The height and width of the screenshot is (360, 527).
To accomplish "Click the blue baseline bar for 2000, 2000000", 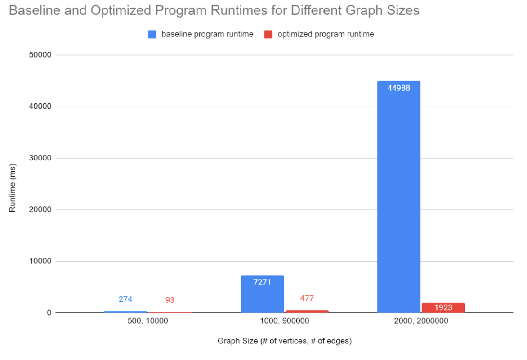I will tap(398, 198).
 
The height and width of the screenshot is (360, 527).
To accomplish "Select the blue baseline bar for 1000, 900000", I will tap(262, 294).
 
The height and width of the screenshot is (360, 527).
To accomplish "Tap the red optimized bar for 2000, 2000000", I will tap(443, 308).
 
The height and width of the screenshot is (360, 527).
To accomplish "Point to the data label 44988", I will tap(398, 88).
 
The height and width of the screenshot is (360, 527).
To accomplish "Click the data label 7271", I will tap(262, 283).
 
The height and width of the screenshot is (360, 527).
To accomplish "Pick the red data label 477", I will tap(307, 298).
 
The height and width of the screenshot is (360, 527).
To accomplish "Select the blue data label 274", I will tap(125, 299).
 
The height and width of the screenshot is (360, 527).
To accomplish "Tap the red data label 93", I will tap(170, 300).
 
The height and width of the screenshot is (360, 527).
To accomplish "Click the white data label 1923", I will tap(443, 308).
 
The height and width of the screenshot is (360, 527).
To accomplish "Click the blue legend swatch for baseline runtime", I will tap(152, 34).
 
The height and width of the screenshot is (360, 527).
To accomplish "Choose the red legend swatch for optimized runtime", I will tap(268, 34).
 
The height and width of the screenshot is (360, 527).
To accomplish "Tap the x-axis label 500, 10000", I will tap(147, 322).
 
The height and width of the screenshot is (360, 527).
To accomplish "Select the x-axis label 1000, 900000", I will tap(284, 322).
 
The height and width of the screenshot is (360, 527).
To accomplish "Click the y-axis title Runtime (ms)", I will tap(13, 184).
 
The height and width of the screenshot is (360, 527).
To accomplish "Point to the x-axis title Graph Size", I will tap(284, 341).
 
